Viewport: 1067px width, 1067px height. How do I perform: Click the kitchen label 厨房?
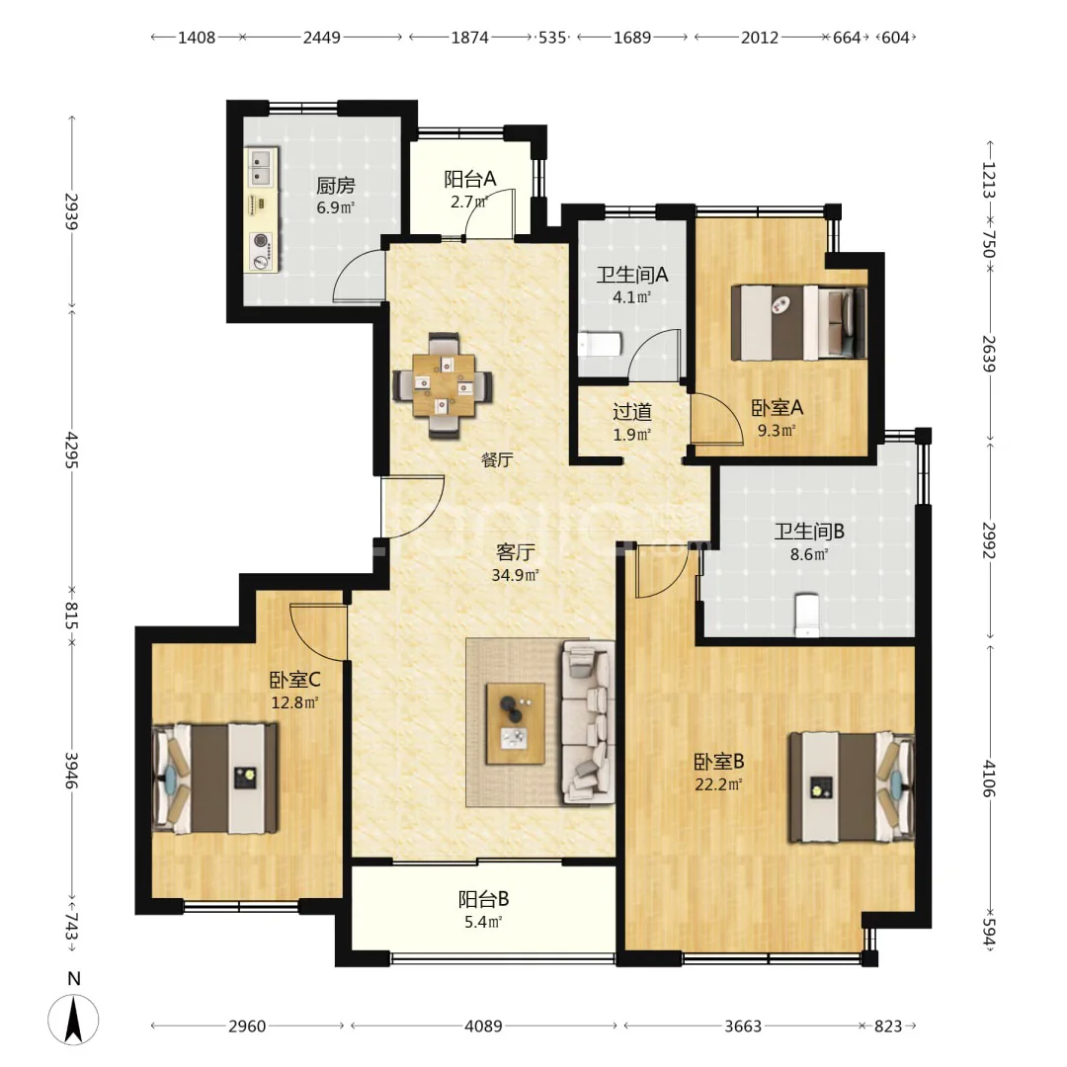click(336, 185)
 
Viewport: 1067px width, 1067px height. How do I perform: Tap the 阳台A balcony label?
click(469, 179)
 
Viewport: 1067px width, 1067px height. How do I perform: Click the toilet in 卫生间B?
click(807, 616)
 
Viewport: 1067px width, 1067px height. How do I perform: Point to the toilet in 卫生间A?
click(601, 345)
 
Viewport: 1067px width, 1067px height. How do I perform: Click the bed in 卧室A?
click(798, 322)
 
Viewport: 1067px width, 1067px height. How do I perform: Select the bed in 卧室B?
click(851, 786)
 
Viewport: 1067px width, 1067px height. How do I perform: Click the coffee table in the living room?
click(515, 723)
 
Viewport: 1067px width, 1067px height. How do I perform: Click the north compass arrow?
click(73, 1019)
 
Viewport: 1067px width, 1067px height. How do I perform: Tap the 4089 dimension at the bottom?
click(483, 1026)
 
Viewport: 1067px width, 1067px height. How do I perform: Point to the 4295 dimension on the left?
click(72, 450)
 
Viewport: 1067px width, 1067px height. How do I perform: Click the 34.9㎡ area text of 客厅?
click(515, 575)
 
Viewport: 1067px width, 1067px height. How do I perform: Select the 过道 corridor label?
click(632, 411)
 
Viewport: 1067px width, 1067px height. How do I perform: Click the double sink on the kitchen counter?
click(261, 168)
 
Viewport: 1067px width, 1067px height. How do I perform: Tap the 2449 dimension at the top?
click(322, 38)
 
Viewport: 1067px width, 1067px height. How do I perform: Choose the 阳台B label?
click(483, 899)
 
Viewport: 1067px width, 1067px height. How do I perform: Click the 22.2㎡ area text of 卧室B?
click(718, 783)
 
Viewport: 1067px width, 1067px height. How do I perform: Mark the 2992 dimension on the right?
click(989, 540)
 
